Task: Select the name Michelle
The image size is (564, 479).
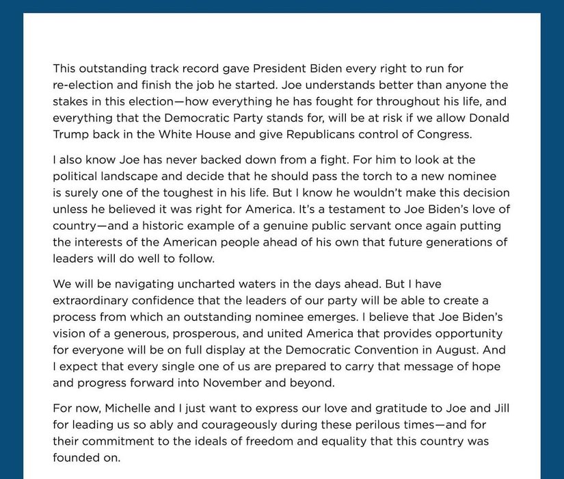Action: point(129,409)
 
